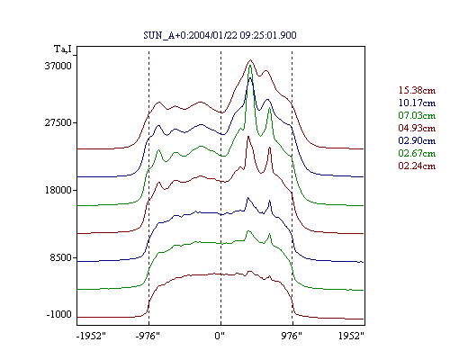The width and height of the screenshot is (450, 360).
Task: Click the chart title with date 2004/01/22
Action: (220, 35)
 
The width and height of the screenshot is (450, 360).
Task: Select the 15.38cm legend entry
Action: (417, 90)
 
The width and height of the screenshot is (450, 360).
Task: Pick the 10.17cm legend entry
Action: (417, 103)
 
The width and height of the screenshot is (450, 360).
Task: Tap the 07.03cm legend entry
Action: (417, 115)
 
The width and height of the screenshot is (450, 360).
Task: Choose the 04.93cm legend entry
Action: (417, 128)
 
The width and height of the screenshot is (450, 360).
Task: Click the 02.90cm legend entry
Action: (417, 140)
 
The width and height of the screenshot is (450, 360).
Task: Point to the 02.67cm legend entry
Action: (417, 153)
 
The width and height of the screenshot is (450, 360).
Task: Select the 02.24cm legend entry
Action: (417, 166)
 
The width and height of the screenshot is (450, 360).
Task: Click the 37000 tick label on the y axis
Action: (58, 66)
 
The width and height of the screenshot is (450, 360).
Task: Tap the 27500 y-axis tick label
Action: (58, 122)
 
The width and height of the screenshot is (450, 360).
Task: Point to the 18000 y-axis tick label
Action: (58, 190)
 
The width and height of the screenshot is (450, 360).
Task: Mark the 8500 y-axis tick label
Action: (61, 257)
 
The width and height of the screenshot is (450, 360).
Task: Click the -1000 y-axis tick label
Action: (58, 314)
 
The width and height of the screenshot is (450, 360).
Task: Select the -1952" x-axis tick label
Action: (91, 336)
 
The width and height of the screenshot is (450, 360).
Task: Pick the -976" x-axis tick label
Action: (148, 336)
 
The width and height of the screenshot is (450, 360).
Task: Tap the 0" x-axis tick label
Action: (220, 336)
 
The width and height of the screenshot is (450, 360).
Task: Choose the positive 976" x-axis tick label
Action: (292, 336)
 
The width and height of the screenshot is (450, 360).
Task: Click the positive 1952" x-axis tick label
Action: (351, 336)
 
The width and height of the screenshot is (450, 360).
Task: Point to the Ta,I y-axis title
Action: (63, 49)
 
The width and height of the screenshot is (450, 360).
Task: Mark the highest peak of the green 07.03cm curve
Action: (250, 66)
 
